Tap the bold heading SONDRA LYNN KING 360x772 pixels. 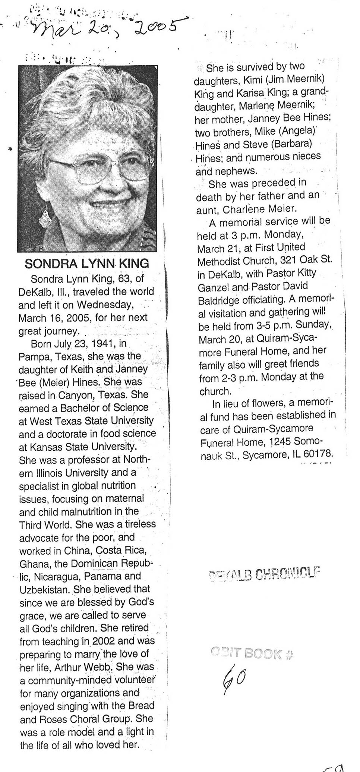tap(86, 264)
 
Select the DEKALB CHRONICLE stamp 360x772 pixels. tap(265, 574)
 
